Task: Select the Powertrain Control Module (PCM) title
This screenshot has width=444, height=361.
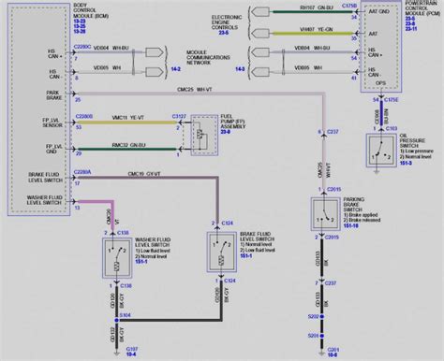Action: (411, 14)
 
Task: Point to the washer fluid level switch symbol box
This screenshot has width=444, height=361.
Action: (116, 250)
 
